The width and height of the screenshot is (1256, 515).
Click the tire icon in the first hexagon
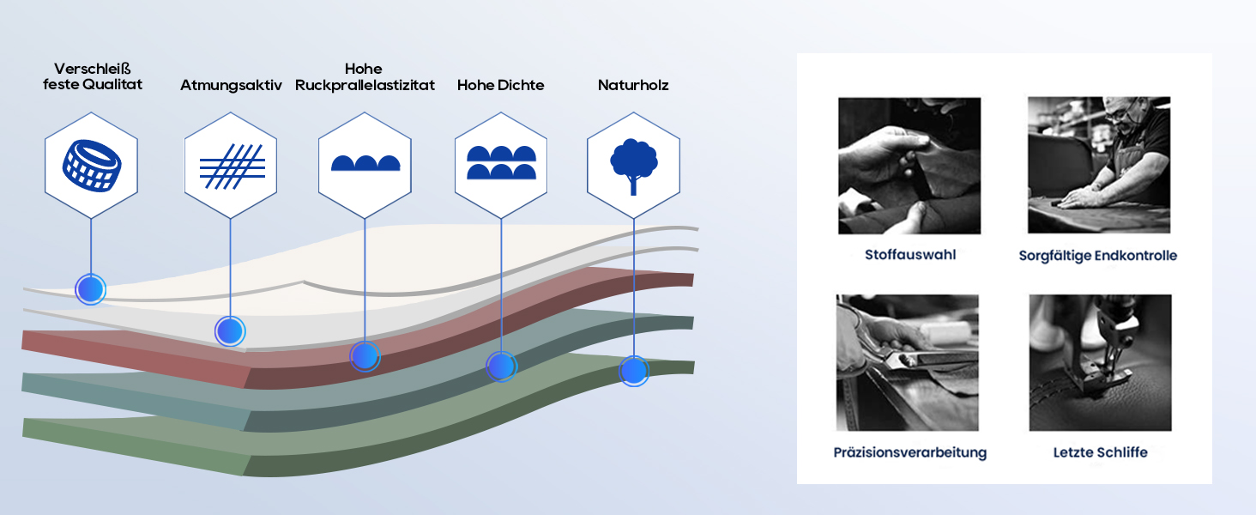pyautogui.click(x=92, y=166)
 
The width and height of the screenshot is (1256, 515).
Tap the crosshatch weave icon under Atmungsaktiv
pyautogui.click(x=232, y=167)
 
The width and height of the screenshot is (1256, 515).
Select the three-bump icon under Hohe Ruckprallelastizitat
pyautogui.click(x=365, y=163)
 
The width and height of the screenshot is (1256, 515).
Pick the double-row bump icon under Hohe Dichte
pyautogui.click(x=501, y=163)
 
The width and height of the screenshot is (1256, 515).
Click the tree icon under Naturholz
pyautogui.click(x=634, y=167)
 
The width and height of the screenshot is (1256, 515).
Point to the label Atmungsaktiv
pyautogui.click(x=231, y=86)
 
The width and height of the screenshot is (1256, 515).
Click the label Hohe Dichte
pyautogui.click(x=501, y=85)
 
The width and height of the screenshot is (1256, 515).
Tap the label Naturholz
pyautogui.click(x=633, y=85)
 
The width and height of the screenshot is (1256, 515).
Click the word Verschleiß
pyautogui.click(x=93, y=69)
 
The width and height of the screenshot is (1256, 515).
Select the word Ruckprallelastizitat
pyautogui.click(x=365, y=85)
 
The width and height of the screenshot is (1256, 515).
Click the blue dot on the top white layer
pyautogui.click(x=91, y=289)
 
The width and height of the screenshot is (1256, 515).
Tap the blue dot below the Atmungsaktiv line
pyautogui.click(x=230, y=331)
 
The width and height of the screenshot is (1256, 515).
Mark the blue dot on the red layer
pyautogui.click(x=365, y=356)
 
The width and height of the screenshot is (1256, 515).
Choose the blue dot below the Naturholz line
pyautogui.click(x=634, y=372)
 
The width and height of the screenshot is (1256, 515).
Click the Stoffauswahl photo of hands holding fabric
pyautogui.click(x=909, y=166)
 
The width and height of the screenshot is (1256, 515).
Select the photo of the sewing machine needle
pyautogui.click(x=1100, y=362)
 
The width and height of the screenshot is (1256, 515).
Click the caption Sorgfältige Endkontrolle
pyautogui.click(x=1098, y=256)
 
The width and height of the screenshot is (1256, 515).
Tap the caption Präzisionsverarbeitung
pyautogui.click(x=910, y=452)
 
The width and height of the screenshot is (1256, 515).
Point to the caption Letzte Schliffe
pyautogui.click(x=1100, y=452)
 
